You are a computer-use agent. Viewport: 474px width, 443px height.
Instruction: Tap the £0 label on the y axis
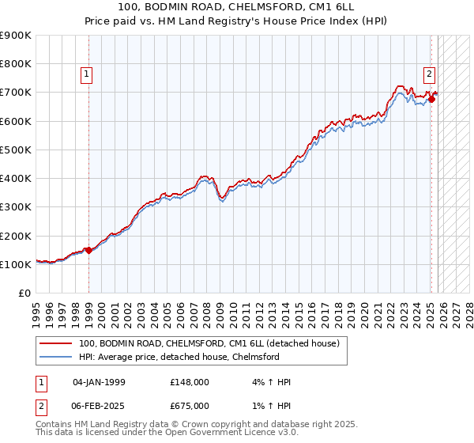tap(24, 293)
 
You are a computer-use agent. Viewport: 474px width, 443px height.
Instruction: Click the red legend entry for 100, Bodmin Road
tap(209, 343)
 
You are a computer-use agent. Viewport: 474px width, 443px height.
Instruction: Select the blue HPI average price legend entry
tap(179, 357)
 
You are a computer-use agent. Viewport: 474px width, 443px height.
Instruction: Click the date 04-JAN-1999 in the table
tap(99, 382)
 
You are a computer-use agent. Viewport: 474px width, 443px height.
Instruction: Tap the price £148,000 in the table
tap(189, 382)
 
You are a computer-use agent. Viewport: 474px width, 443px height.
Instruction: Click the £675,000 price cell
tap(189, 405)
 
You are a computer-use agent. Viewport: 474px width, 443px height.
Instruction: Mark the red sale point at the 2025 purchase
tap(432, 99)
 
